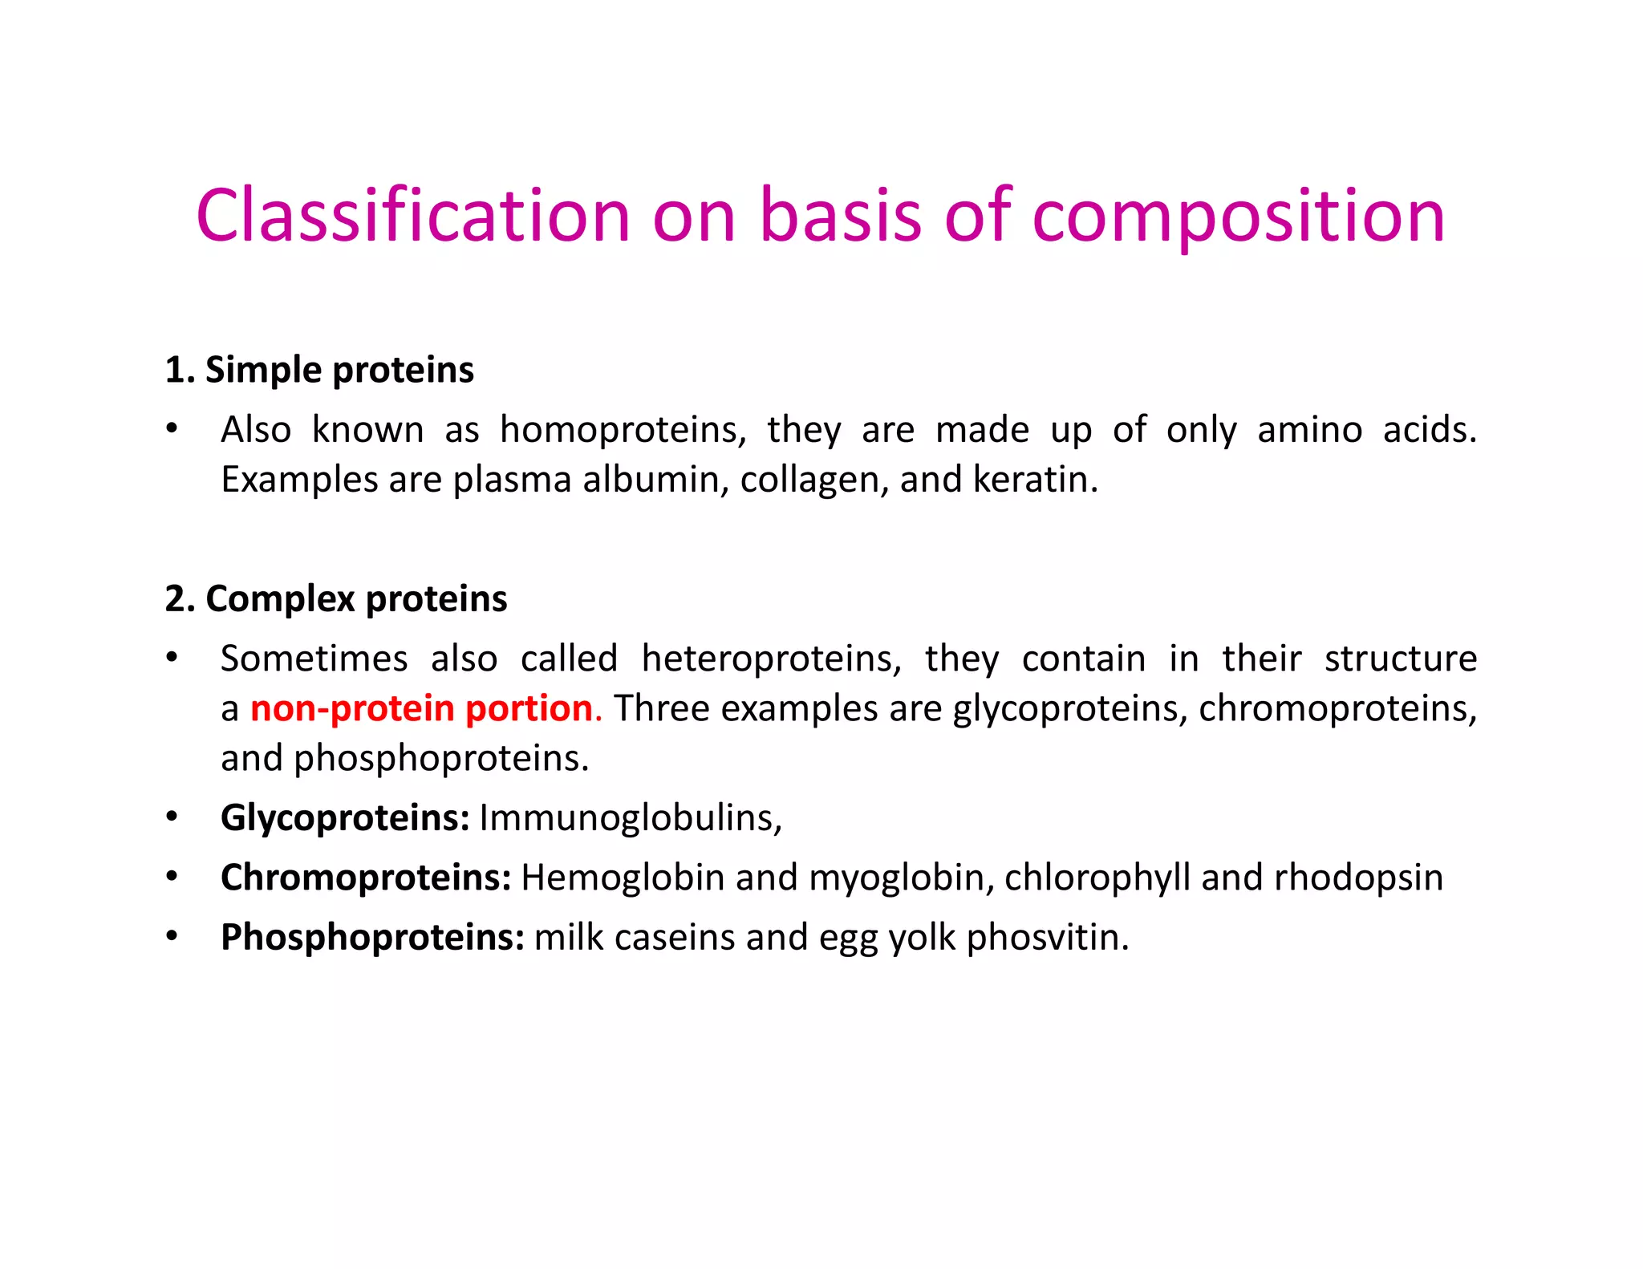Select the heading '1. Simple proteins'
(319, 370)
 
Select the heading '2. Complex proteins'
(336, 598)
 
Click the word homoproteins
(622, 430)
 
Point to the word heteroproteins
(771, 659)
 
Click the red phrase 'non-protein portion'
(422, 708)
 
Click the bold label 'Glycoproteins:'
(345, 818)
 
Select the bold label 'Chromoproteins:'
(366, 878)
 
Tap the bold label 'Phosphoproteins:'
(372, 937)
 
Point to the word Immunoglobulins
(630, 818)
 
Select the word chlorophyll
(1097, 878)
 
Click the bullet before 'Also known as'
(172, 429)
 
